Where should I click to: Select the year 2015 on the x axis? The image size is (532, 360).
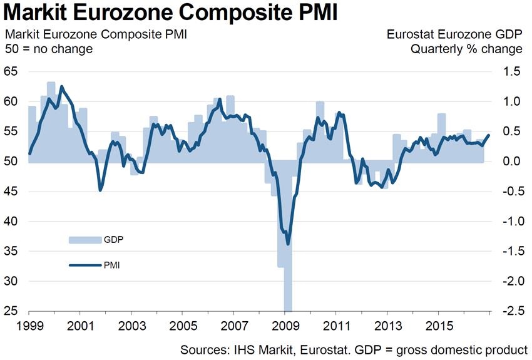[438, 326]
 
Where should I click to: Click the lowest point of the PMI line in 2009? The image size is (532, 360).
[287, 244]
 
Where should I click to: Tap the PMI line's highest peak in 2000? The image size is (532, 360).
[61, 86]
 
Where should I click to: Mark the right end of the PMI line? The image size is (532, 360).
[489, 135]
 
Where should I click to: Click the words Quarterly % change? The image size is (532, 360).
[466, 49]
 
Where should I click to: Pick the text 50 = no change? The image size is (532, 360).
[48, 49]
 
